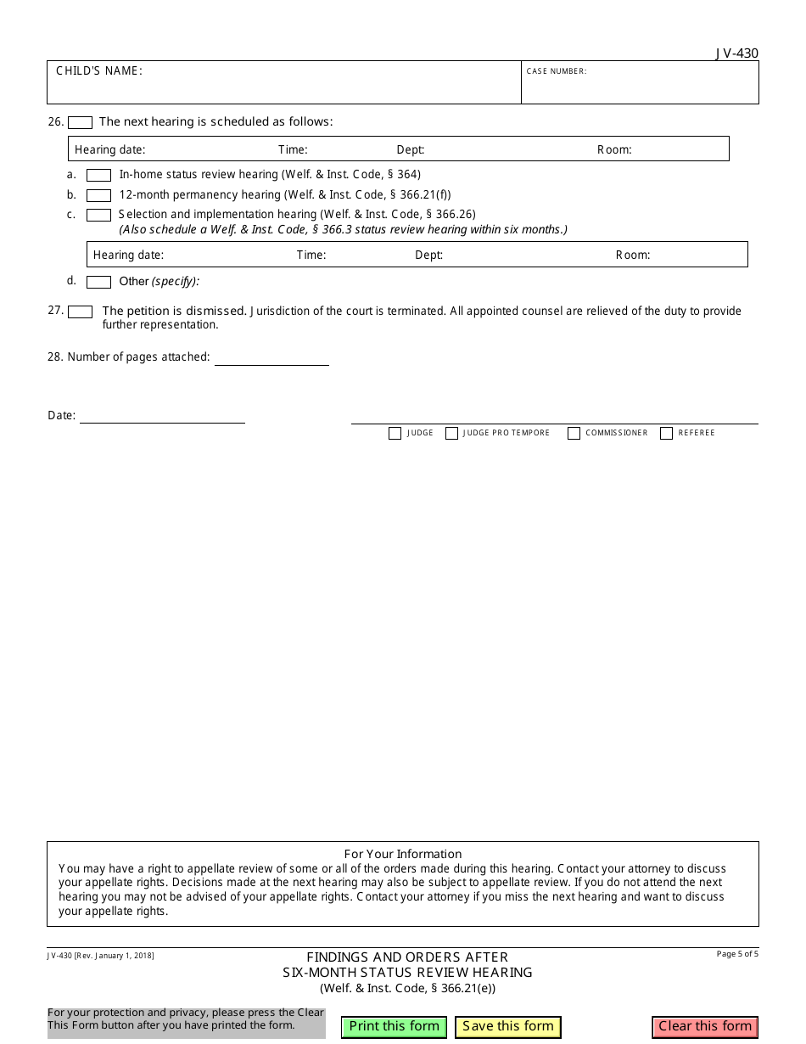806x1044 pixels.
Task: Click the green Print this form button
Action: tap(395, 1026)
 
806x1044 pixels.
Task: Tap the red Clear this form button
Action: tap(705, 1026)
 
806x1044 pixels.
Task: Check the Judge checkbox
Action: tap(395, 433)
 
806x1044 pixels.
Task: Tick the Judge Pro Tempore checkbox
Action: tap(451, 433)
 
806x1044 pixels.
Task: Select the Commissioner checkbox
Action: tap(574, 433)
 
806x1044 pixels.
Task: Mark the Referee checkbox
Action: tap(666, 433)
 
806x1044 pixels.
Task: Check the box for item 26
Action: tap(80, 122)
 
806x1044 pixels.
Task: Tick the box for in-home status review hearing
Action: tap(98, 175)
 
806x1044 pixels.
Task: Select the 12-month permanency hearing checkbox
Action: tap(98, 195)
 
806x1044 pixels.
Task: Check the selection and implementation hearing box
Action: tap(98, 215)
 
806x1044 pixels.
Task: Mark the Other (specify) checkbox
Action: tap(98, 282)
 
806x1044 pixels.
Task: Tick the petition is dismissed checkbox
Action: tap(80, 312)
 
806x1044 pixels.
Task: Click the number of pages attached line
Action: tap(271, 358)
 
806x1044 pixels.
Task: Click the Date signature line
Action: tap(162, 416)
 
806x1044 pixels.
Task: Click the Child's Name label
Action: tap(99, 70)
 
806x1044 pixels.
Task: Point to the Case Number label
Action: tap(556, 71)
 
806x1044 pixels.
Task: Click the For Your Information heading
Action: tap(403, 854)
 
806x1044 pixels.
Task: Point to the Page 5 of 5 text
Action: tap(737, 954)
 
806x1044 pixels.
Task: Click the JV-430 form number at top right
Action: tap(736, 53)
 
